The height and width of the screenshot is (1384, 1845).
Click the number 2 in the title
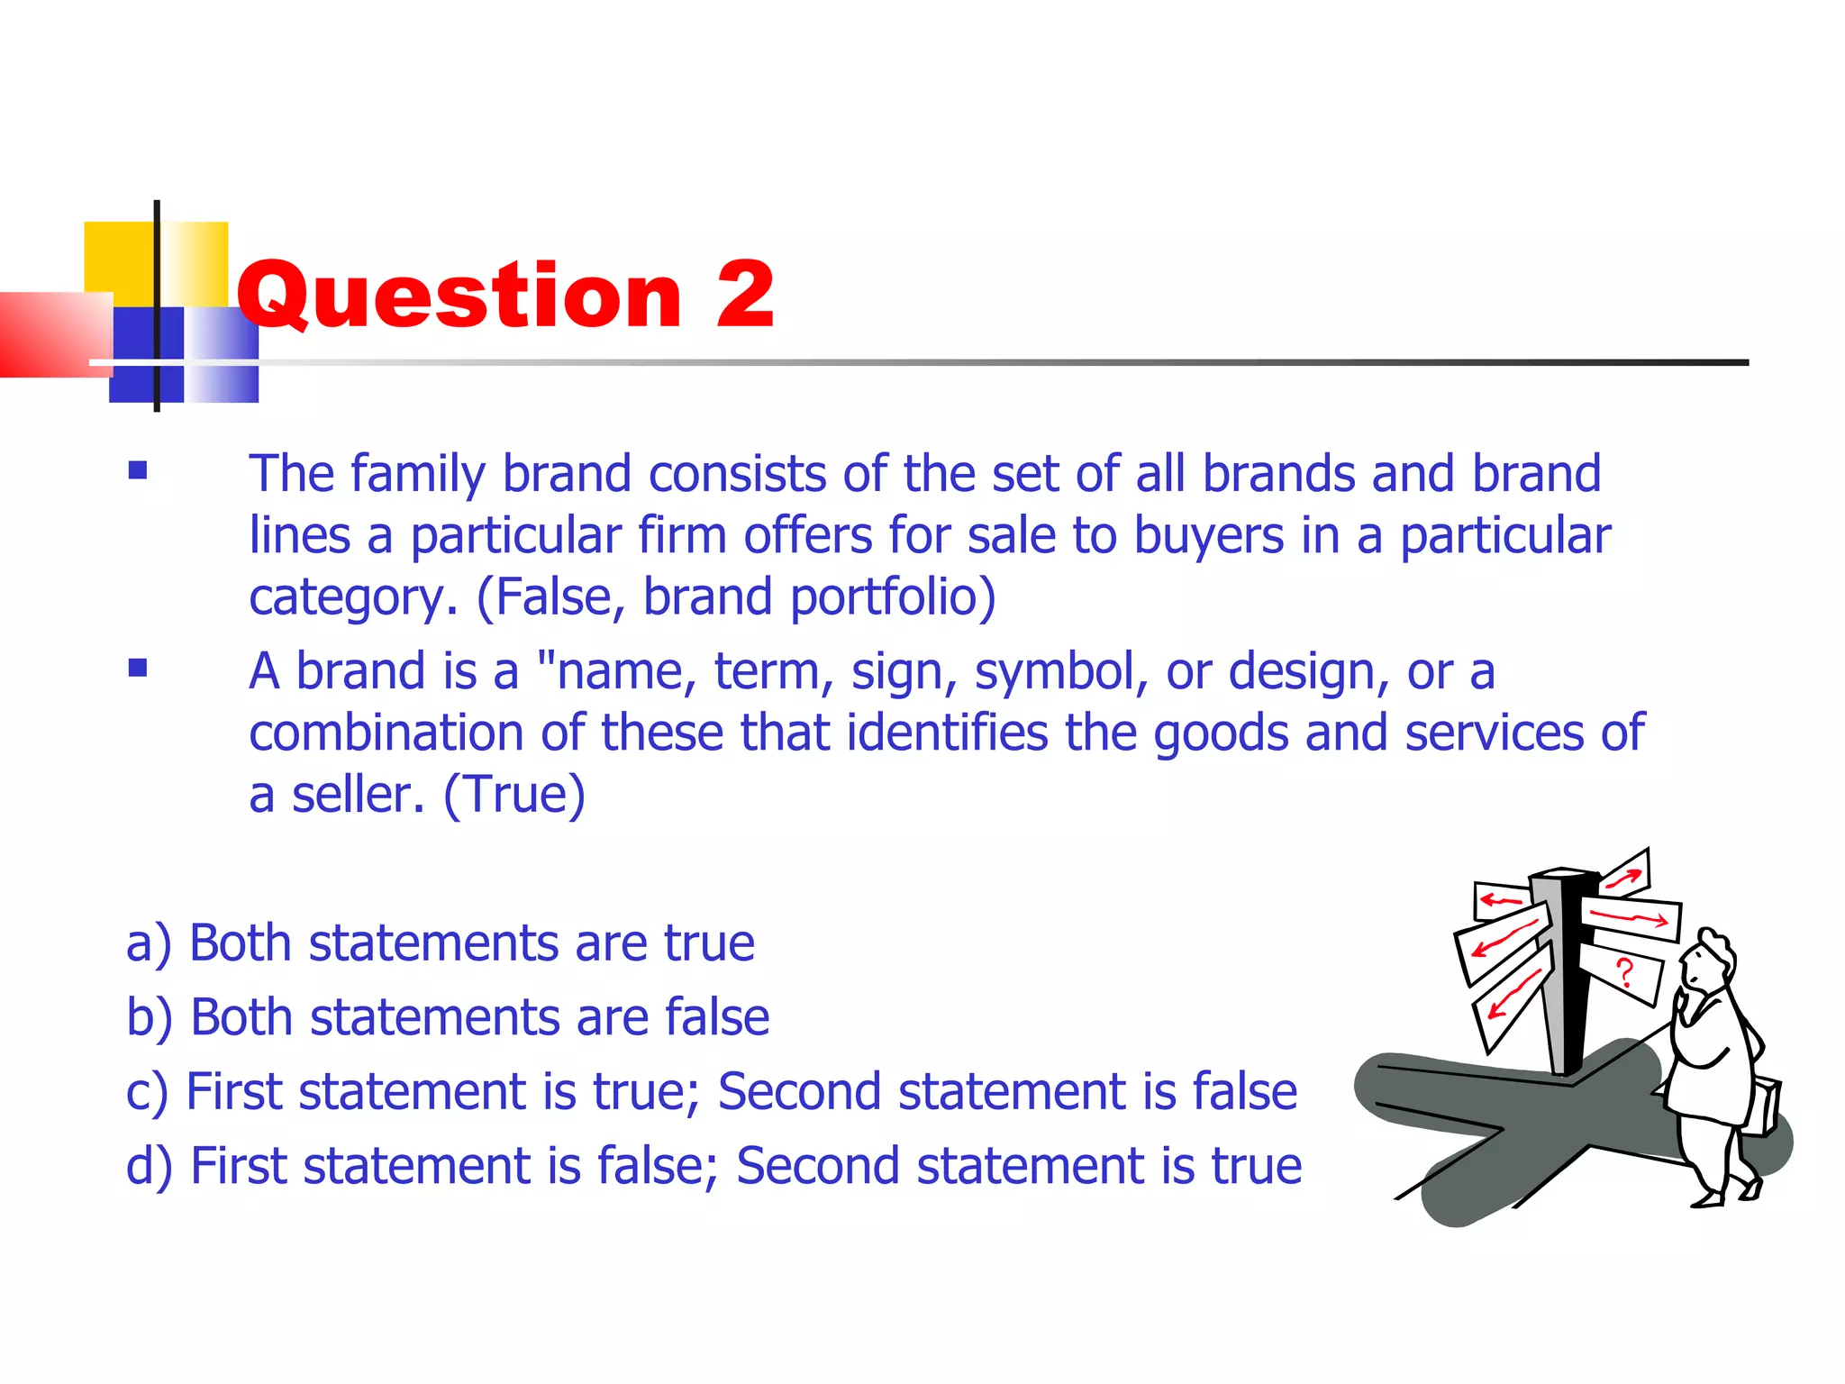pyautogui.click(x=745, y=295)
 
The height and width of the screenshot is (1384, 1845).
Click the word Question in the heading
pyautogui.click(x=459, y=295)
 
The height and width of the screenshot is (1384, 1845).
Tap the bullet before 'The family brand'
pyautogui.click(x=138, y=470)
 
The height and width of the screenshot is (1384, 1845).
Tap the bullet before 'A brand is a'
pyautogui.click(x=138, y=668)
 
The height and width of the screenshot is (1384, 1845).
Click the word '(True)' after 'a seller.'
pyautogui.click(x=514, y=795)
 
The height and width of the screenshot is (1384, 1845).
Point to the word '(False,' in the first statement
pyautogui.click(x=550, y=597)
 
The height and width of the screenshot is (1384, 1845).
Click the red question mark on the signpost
pyautogui.click(x=1624, y=973)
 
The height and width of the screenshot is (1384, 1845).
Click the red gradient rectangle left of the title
pyautogui.click(x=54, y=334)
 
